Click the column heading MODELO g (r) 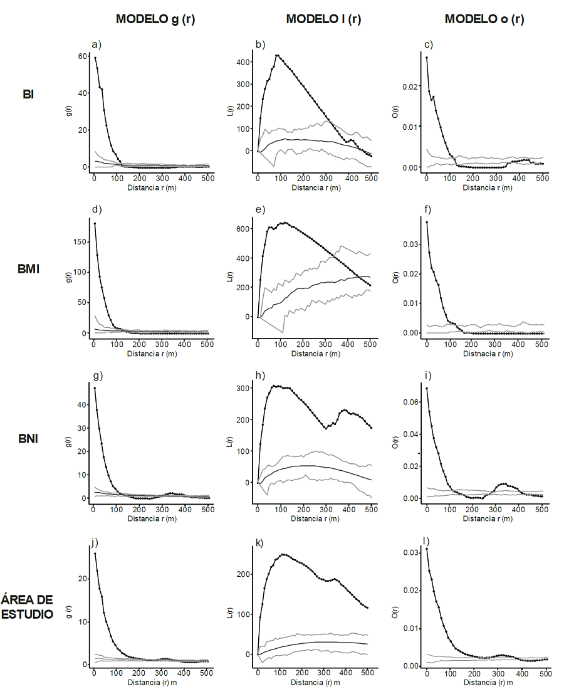pyautogui.click(x=155, y=19)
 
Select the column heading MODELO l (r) pyautogui.click(x=323, y=19)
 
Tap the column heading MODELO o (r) pyautogui.click(x=484, y=19)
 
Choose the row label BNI pyautogui.click(x=28, y=439)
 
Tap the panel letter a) pyautogui.click(x=97, y=44)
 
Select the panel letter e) pyautogui.click(x=261, y=210)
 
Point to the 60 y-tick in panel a pyautogui.click(x=81, y=56)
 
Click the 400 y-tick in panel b pyautogui.click(x=244, y=62)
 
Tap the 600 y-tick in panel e pyautogui.click(x=244, y=229)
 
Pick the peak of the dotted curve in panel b pyautogui.click(x=276, y=55)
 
